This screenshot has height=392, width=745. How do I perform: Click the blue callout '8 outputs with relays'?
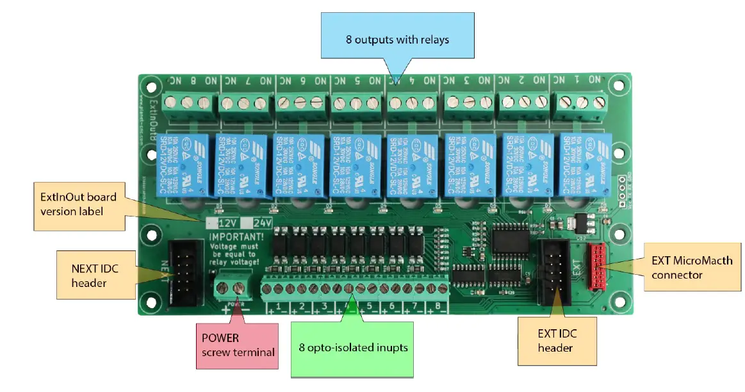point(397,40)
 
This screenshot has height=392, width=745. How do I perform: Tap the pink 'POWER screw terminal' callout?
point(237,345)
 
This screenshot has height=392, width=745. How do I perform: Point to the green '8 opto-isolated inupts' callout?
point(353,348)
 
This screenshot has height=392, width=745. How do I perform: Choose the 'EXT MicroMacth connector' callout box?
point(691,268)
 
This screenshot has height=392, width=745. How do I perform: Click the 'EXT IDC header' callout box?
point(557,340)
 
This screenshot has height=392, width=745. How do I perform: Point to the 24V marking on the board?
point(261,223)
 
